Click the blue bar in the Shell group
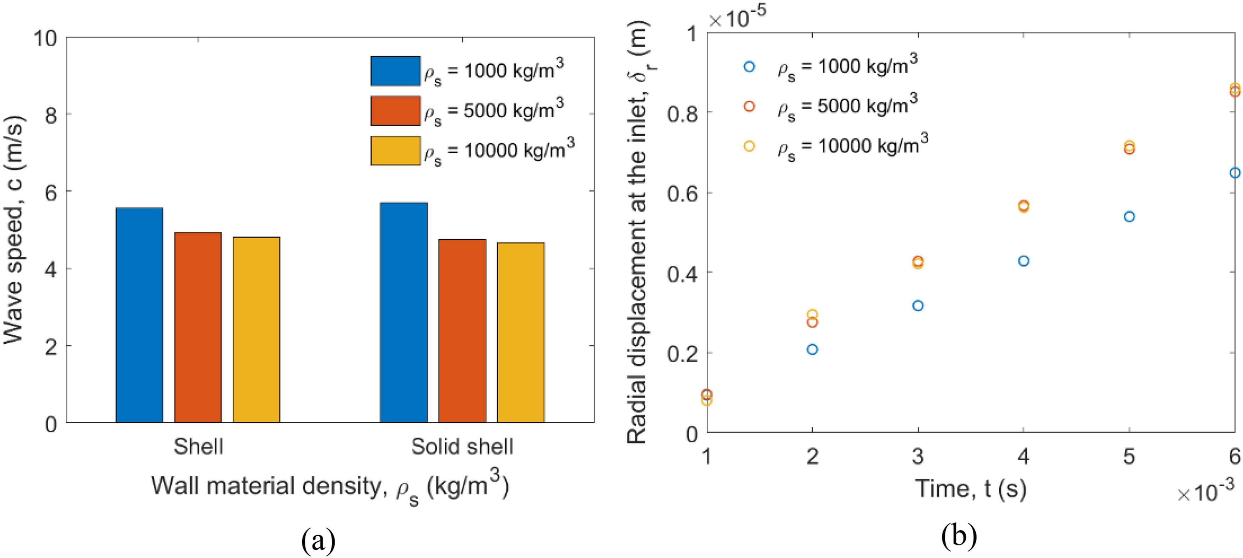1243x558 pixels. click(140, 315)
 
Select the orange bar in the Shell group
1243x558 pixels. click(198, 328)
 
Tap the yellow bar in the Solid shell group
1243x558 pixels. click(521, 333)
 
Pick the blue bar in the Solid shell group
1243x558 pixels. click(403, 313)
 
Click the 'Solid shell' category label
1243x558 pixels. click(462, 446)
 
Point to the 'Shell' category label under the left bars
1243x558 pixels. click(198, 446)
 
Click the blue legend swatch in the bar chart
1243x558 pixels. click(395, 71)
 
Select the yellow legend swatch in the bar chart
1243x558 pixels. click(395, 151)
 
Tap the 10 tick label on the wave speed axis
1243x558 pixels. click(45, 38)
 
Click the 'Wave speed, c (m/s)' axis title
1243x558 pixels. click(13, 229)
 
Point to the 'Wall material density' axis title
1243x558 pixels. click(330, 487)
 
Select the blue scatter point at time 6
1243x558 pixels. click(1235, 173)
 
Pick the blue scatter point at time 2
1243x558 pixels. click(812, 349)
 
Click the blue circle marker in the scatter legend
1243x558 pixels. click(749, 67)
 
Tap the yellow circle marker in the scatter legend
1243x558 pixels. click(749, 146)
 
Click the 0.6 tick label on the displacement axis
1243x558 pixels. click(682, 193)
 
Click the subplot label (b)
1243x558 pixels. click(959, 536)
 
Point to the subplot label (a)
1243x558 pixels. click(318, 540)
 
